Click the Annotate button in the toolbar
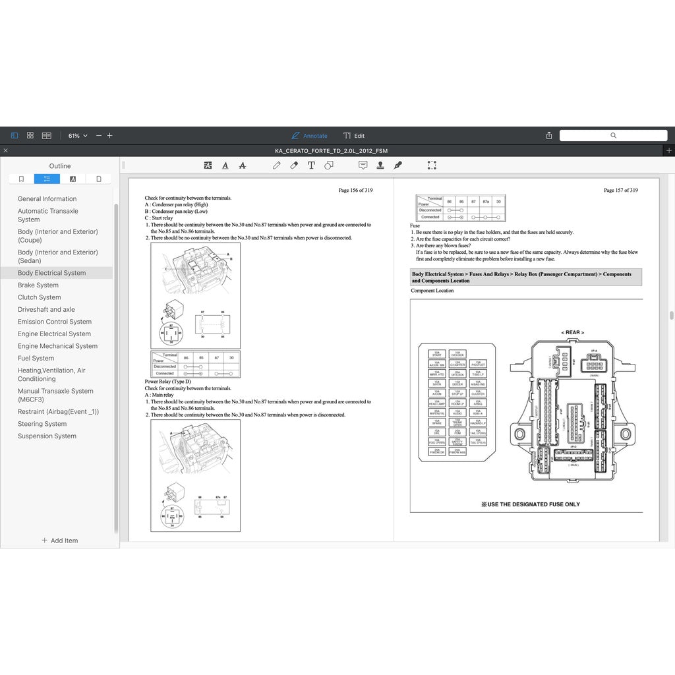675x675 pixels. tap(310, 136)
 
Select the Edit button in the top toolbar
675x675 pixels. tap(354, 136)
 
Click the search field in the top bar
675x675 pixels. tap(613, 135)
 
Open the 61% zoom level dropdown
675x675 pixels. tap(77, 136)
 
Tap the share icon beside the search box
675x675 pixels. tap(549, 135)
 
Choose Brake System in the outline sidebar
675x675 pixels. tap(38, 285)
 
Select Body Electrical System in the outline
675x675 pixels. tap(51, 273)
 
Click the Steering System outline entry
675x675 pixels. tap(42, 424)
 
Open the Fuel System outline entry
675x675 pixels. tap(36, 359)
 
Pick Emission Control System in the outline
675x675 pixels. tap(55, 322)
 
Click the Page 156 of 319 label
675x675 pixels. tap(355, 191)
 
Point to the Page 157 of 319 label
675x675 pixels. tap(620, 191)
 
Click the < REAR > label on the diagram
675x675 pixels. tap(572, 333)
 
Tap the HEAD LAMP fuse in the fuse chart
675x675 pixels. tap(437, 402)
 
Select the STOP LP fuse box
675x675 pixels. tap(457, 393)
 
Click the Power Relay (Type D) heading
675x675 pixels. tap(167, 382)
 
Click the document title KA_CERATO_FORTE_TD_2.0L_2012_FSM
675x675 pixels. tap(331, 151)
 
